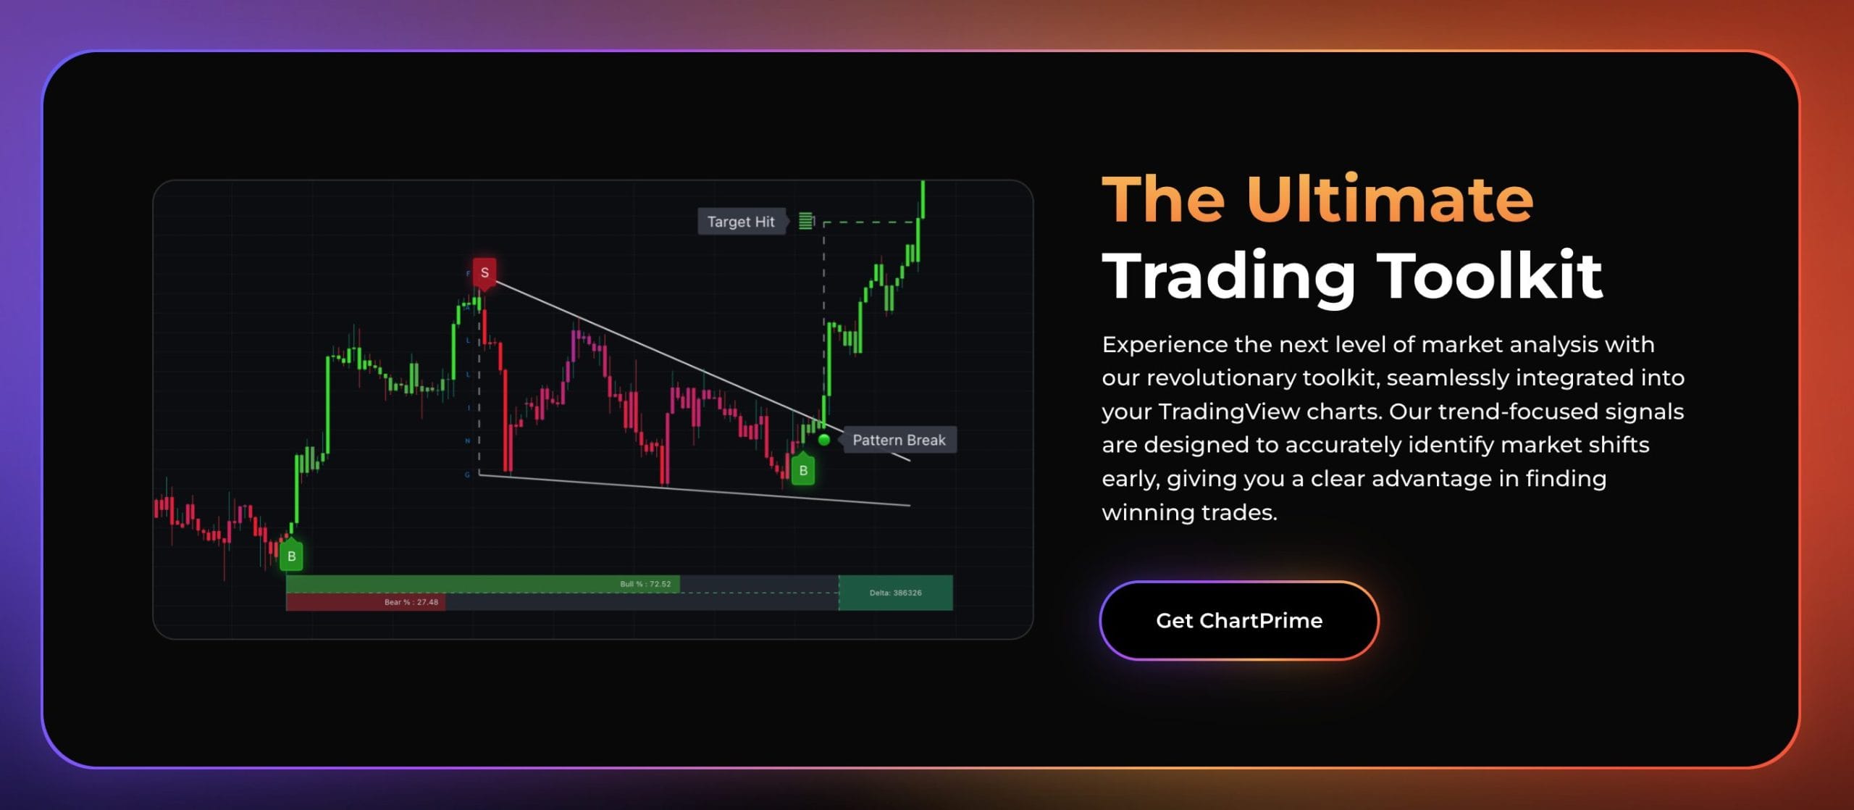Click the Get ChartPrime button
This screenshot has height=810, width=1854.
pos(1238,620)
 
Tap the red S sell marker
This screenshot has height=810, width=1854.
pos(485,273)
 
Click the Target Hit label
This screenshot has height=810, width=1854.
pos(740,222)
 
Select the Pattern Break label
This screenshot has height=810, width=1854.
pos(899,440)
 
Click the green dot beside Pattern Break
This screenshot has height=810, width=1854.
pos(824,440)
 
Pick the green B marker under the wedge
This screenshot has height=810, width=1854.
pos(803,471)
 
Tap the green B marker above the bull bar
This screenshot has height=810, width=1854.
pos(291,556)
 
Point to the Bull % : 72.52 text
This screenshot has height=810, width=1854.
pos(645,584)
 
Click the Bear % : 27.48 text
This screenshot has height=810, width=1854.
pos(411,602)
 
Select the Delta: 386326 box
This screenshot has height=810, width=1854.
pos(895,593)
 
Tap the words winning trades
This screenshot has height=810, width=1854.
pos(1189,512)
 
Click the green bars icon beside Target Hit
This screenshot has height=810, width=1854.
pos(805,221)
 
